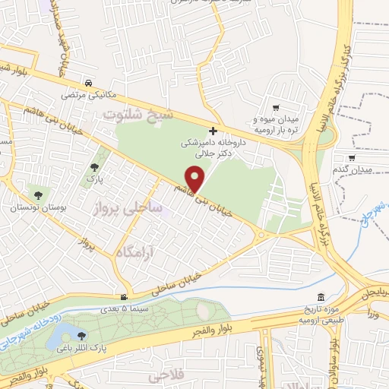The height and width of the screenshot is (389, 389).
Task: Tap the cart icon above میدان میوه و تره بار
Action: coord(275,108)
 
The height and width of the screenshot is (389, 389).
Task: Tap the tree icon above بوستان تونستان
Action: coord(37,195)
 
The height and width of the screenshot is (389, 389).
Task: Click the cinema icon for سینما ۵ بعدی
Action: coord(124,297)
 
